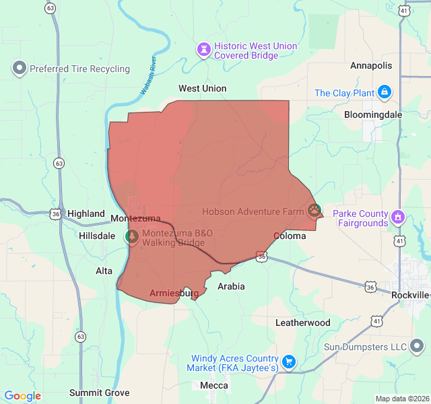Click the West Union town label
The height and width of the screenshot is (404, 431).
[x=202, y=88]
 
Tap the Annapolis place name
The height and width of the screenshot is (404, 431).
[x=370, y=65]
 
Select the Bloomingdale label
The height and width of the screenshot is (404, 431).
[x=372, y=114]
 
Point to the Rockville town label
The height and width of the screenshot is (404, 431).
[x=410, y=295]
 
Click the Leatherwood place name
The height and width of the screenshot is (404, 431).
[x=302, y=323]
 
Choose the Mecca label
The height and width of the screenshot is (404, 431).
[x=213, y=386]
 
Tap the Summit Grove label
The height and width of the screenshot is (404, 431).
[x=99, y=393]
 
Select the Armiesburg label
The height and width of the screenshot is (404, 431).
[x=174, y=294]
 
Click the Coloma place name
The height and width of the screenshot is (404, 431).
[x=290, y=236]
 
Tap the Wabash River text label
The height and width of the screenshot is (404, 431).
[x=148, y=75]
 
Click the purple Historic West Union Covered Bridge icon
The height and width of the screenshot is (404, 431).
[x=203, y=50]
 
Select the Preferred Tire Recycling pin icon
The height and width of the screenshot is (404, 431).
[x=19, y=68]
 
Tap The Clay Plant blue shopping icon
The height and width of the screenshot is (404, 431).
[x=384, y=92]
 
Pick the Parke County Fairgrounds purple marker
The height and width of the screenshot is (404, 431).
[x=398, y=217]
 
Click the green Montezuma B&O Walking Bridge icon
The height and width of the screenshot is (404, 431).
[x=132, y=237]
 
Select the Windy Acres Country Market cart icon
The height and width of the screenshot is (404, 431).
[x=289, y=362]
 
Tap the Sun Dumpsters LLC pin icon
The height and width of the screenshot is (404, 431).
[x=418, y=347]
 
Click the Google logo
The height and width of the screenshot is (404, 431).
[x=22, y=396]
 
